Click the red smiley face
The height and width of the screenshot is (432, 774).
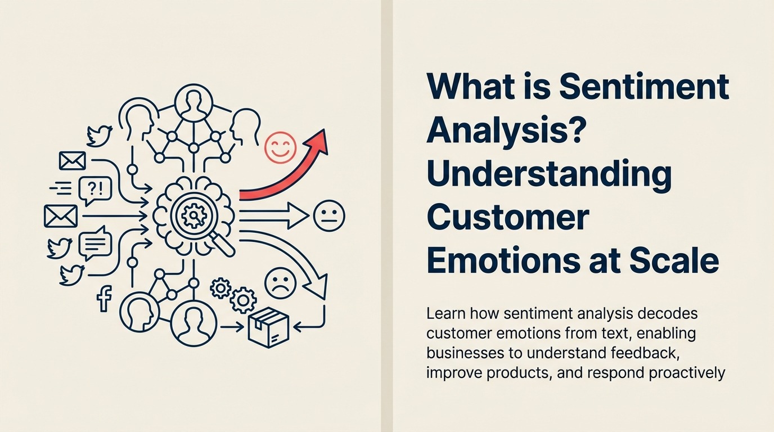pyautogui.click(x=280, y=147)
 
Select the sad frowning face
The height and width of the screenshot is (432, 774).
pyautogui.click(x=280, y=283)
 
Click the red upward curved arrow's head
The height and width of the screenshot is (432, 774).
pyautogui.click(x=319, y=141)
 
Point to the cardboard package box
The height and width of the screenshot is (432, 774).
pyautogui.click(x=268, y=326)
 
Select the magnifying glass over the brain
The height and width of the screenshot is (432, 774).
pyautogui.click(x=196, y=217)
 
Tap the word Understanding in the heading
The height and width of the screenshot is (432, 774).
pyautogui.click(x=549, y=174)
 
